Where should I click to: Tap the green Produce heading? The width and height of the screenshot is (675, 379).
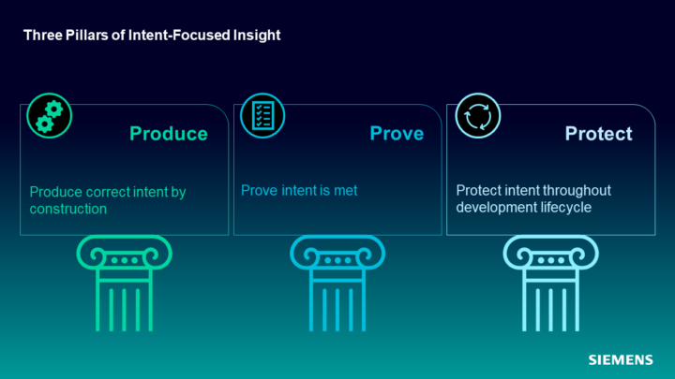[x=169, y=134]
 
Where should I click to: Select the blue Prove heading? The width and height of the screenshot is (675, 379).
[x=397, y=134]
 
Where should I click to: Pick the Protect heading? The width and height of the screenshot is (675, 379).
[x=599, y=134]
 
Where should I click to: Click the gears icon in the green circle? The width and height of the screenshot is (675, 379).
[x=49, y=116]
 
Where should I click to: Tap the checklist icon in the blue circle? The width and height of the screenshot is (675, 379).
[x=262, y=116]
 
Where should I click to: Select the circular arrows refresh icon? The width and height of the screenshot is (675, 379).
[x=478, y=116]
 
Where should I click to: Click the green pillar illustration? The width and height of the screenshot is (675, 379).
[x=125, y=284]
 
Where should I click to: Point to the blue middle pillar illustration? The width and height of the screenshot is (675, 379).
[x=337, y=284]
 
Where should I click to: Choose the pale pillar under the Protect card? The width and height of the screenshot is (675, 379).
[x=550, y=284]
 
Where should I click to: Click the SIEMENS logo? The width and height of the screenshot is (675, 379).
[x=621, y=359]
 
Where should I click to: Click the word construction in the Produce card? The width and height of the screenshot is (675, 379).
[x=68, y=209]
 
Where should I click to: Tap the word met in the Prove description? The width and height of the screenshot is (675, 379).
[x=346, y=190]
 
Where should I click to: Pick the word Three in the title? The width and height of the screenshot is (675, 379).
[x=42, y=36]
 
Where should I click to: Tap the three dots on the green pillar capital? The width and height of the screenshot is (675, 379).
[x=125, y=260]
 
